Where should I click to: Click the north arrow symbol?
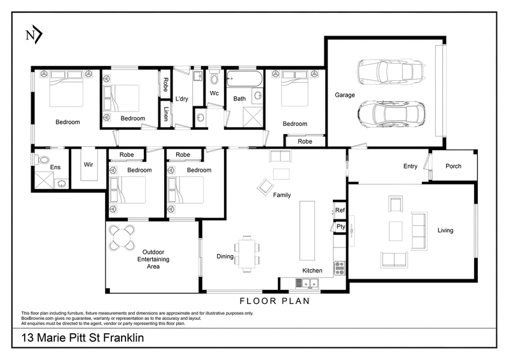34,35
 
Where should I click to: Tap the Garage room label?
345,95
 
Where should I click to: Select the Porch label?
453,166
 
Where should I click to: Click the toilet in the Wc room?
214,78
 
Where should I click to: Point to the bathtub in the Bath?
244,79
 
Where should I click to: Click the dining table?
247,254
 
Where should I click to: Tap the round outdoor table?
122,238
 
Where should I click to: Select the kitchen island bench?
307,230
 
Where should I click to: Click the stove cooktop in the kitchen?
340,268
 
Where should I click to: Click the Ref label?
340,210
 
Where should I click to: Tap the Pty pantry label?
341,226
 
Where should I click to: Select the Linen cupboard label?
166,114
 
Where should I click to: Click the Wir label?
88,165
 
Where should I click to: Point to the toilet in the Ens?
41,160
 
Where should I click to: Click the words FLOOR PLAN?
275,301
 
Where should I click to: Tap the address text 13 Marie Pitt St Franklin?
83,338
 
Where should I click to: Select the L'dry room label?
181,99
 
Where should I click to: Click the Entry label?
410,166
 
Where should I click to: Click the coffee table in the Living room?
396,231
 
